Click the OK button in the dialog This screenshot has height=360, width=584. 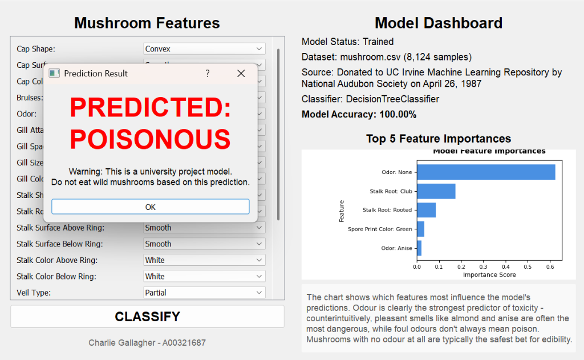(150, 207)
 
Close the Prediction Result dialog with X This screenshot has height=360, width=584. (241, 74)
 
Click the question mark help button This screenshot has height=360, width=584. (208, 74)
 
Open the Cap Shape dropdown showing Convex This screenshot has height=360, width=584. (204, 49)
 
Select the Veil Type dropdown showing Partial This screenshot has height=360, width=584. (204, 293)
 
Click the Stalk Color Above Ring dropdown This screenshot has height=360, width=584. (204, 260)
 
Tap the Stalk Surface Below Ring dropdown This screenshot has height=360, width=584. (204, 244)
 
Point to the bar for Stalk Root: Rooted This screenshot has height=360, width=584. (427, 210)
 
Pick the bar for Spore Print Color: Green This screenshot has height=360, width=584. (421, 229)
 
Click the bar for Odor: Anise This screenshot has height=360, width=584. (419, 248)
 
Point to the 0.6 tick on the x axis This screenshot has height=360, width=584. (549, 266)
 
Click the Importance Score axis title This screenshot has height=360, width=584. (489, 274)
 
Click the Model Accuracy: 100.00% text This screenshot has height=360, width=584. (359, 115)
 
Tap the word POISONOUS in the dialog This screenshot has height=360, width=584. (151, 139)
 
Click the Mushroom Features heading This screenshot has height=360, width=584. (147, 23)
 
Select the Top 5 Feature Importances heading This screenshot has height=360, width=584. (438, 139)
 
